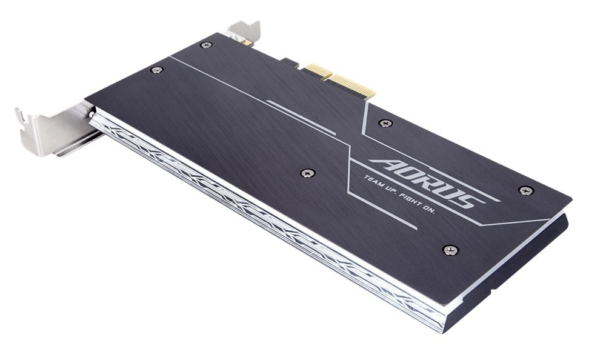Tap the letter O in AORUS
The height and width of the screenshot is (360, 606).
409,174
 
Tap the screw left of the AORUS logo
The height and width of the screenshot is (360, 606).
308,173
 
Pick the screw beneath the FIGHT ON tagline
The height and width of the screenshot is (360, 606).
450,249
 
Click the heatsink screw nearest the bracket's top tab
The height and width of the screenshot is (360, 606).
206,45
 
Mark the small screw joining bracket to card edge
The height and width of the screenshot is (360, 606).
91,114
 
